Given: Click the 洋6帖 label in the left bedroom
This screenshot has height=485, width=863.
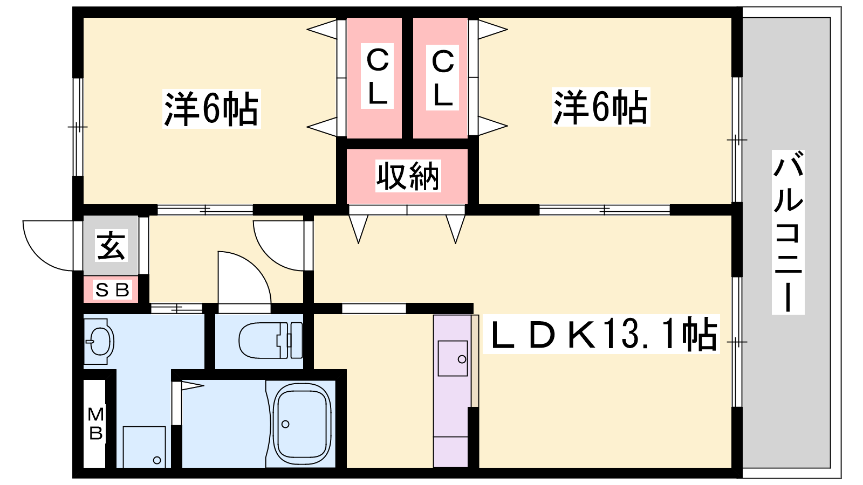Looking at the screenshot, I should pyautogui.click(x=211, y=109).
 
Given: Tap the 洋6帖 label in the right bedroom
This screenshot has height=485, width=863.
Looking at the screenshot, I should pyautogui.click(x=601, y=107).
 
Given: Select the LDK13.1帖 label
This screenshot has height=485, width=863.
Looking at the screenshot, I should pyautogui.click(x=601, y=334).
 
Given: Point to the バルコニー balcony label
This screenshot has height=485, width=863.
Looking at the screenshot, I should pyautogui.click(x=788, y=232).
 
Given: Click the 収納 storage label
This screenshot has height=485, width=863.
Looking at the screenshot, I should pyautogui.click(x=408, y=176).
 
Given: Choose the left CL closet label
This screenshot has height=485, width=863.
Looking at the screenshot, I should pyautogui.click(x=377, y=77).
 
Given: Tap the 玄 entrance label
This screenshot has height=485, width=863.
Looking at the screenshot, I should pyautogui.click(x=112, y=246).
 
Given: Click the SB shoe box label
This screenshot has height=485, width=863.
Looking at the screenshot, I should pyautogui.click(x=112, y=290).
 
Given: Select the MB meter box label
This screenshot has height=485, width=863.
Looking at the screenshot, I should pyautogui.click(x=95, y=424).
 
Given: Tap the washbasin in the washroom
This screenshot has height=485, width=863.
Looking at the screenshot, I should pyautogui.click(x=99, y=341).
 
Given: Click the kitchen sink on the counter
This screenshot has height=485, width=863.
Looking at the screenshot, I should pyautogui.click(x=453, y=358).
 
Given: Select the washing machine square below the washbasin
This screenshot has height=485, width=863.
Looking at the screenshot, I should pyautogui.click(x=144, y=447).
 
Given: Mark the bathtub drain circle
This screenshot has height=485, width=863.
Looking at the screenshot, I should pyautogui.click(x=285, y=424).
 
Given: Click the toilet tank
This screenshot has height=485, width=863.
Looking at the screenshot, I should pyautogui.click(x=296, y=341).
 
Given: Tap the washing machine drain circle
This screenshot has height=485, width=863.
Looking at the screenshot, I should pyautogui.click(x=157, y=460).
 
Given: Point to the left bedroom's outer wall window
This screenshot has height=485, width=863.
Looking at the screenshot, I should pyautogui.click(x=78, y=127).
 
